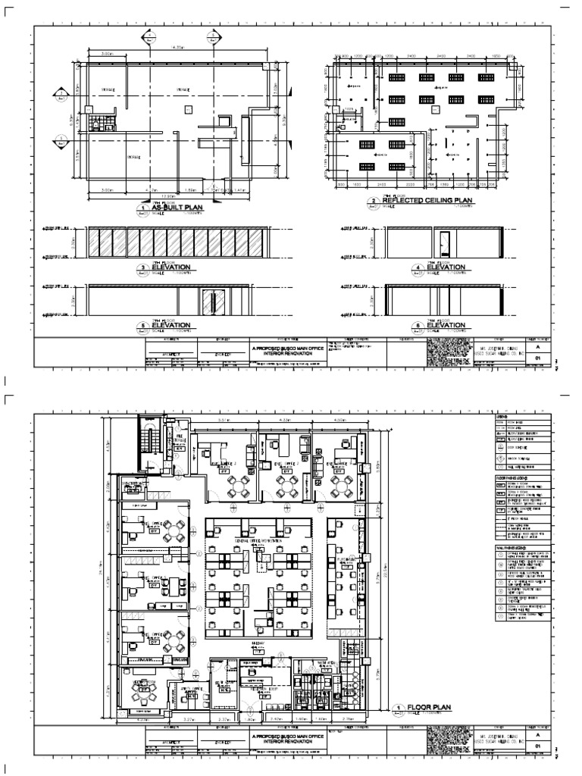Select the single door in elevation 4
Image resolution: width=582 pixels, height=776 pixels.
tap(446, 242)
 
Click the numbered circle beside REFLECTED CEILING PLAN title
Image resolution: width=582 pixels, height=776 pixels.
tap(374, 202)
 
